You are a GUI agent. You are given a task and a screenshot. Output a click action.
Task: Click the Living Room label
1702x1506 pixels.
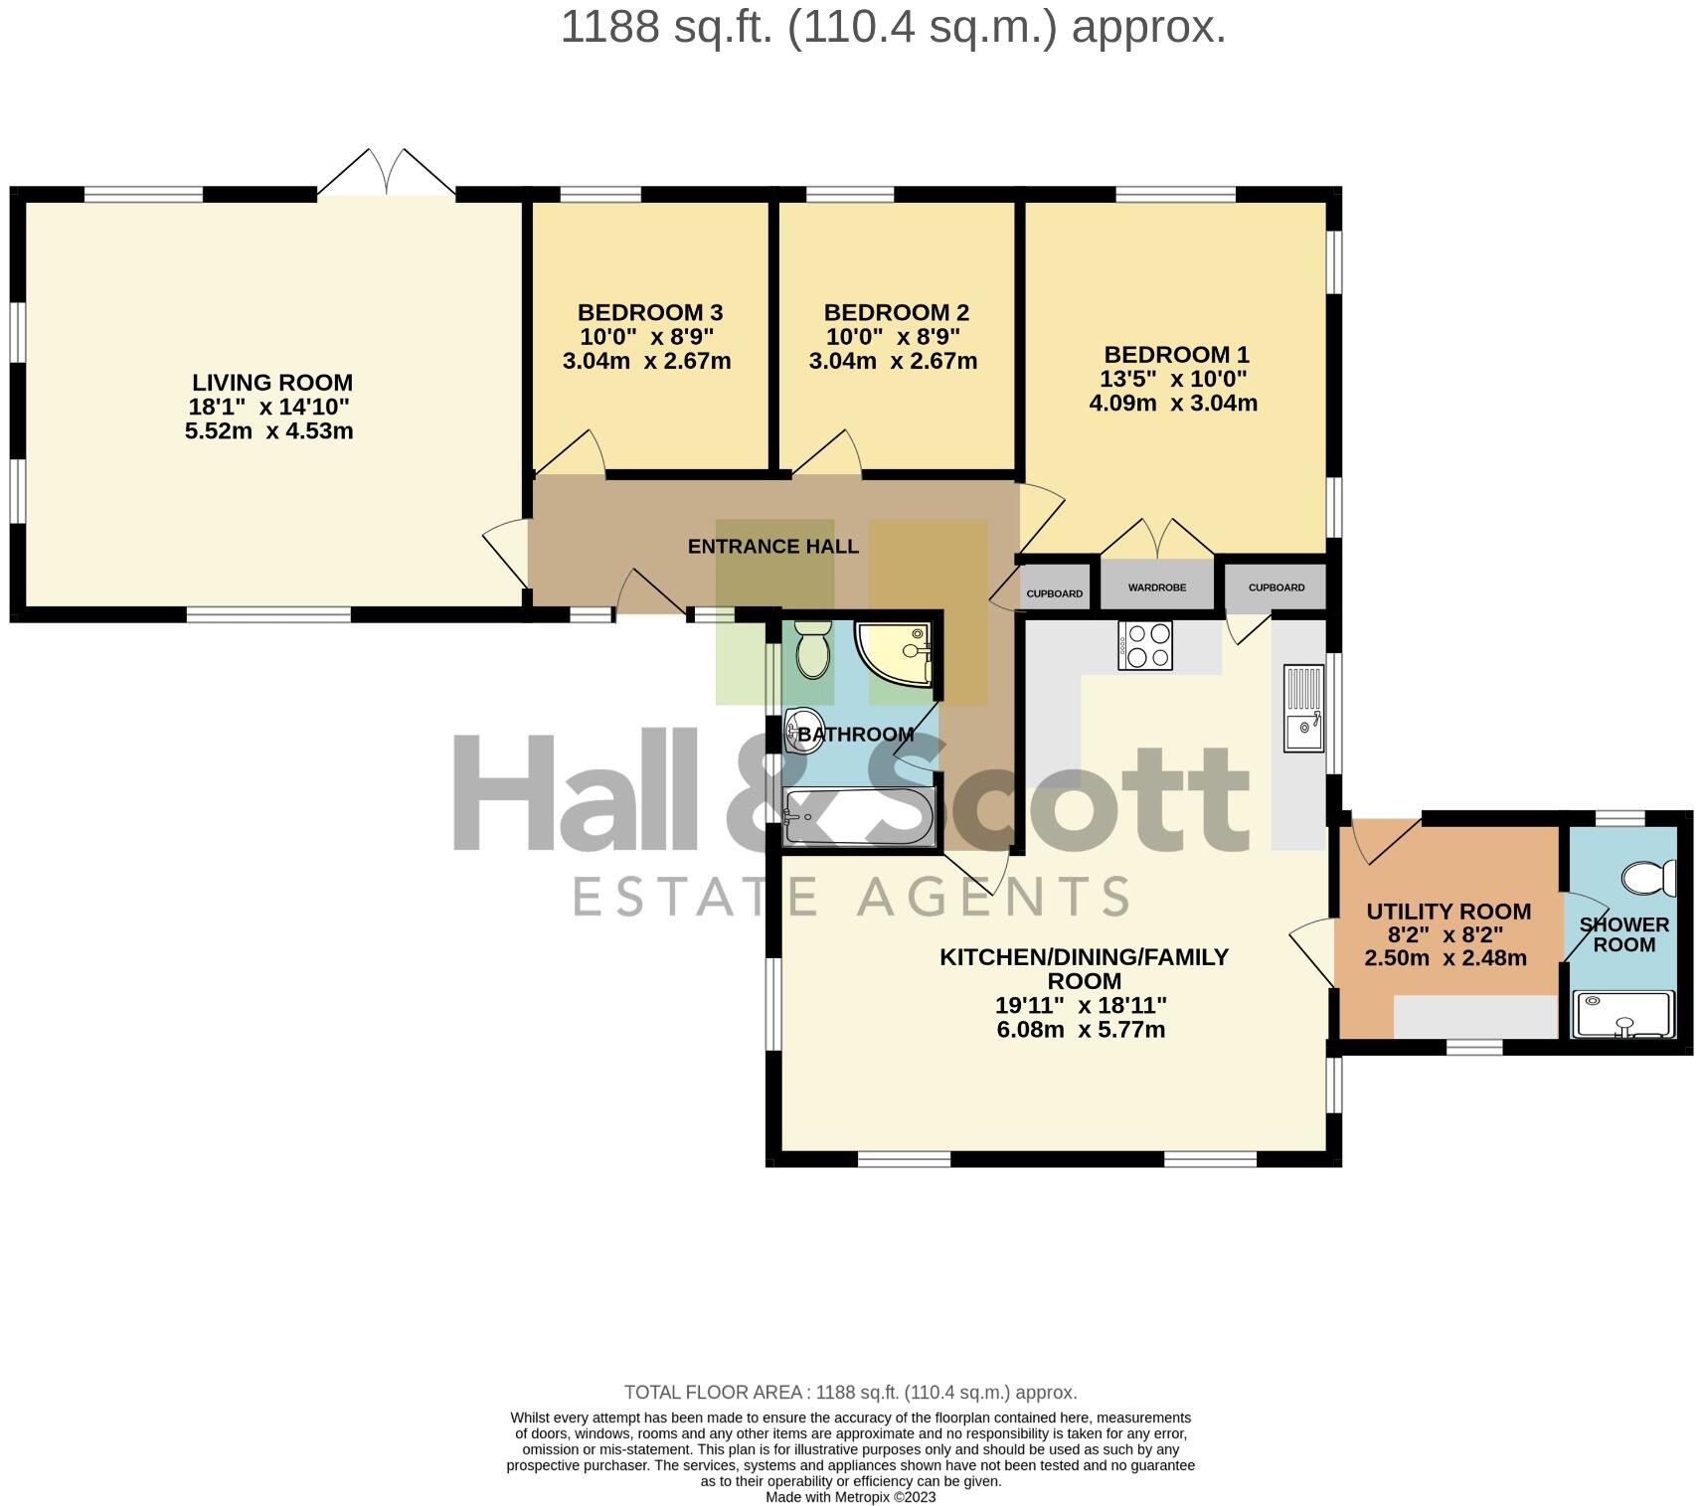coord(271,383)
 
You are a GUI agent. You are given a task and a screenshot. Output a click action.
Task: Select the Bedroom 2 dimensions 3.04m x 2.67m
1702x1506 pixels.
coord(893,361)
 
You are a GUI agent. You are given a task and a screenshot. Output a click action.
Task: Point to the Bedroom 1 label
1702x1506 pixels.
coord(1176,355)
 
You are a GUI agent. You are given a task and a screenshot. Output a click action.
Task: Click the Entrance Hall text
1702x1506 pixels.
coord(772,546)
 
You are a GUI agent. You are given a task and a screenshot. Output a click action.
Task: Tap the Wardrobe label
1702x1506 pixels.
coord(1156,587)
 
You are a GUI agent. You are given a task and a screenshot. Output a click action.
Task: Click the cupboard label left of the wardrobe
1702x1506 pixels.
coord(1054,593)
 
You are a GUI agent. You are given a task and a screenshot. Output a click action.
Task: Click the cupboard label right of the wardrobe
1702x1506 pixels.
coord(1276,587)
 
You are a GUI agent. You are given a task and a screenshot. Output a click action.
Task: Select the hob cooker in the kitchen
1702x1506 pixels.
coord(1145,645)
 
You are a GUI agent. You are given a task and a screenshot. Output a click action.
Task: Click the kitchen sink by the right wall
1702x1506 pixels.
coord(1303,708)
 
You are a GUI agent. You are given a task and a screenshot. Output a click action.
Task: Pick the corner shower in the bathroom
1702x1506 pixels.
coord(892,654)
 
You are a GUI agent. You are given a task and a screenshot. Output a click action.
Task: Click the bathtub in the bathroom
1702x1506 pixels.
coord(859,818)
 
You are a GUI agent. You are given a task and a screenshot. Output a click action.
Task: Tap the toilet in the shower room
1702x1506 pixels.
coord(1649,878)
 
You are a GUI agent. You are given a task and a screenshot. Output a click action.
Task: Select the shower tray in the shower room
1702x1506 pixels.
coord(1623,1015)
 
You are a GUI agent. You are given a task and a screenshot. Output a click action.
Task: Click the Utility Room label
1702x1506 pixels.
coord(1447,912)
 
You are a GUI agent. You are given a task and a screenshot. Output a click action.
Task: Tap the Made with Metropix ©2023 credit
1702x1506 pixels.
coord(850,1497)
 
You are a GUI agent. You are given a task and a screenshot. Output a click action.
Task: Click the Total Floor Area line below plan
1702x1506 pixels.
coord(850,1393)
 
